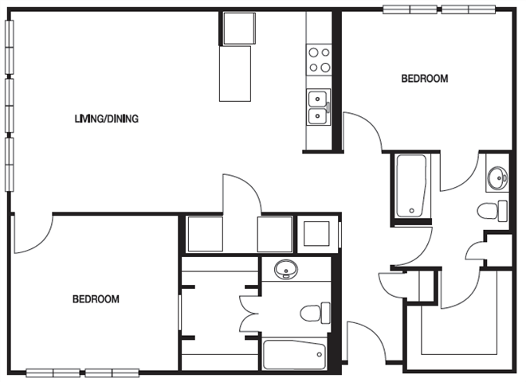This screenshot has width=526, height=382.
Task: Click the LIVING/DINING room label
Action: point(107,119)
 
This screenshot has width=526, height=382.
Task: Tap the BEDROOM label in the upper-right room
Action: point(424,79)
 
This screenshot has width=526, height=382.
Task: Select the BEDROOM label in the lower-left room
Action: point(96,299)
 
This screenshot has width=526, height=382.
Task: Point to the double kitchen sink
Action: point(320,107)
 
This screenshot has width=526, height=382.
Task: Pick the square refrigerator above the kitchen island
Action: point(237,29)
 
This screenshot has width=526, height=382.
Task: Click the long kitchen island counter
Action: point(235,73)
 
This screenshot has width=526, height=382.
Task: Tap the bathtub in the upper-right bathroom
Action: point(411,185)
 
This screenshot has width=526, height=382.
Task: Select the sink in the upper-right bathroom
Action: point(497,178)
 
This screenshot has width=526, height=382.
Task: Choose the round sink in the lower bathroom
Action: point(285,270)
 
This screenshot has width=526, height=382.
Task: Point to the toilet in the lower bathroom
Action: point(316,311)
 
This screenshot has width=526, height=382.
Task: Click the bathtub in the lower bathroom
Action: point(294,355)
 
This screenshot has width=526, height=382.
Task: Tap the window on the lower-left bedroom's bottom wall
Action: point(83,372)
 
